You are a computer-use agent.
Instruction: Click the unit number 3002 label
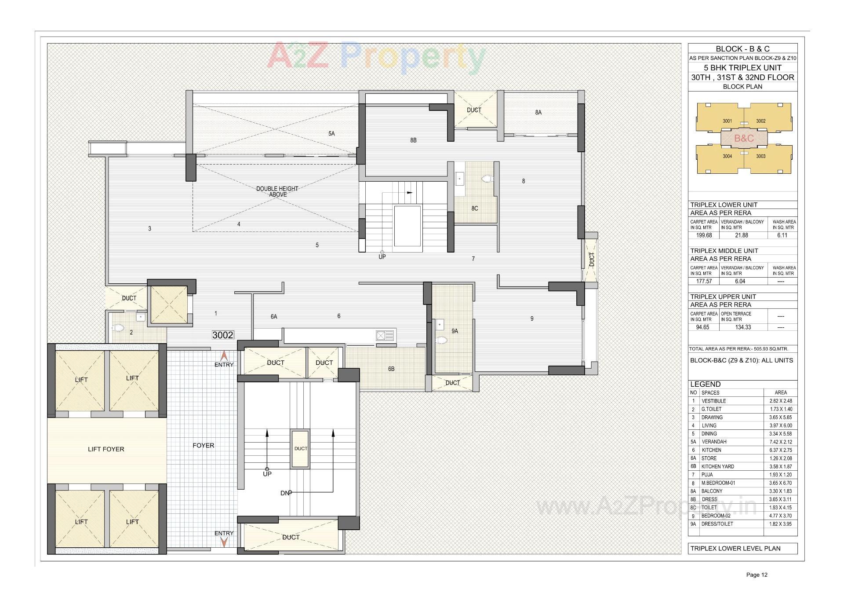[223, 335]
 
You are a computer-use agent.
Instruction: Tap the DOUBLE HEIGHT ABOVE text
[277, 191]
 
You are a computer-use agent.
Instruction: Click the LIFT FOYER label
[106, 449]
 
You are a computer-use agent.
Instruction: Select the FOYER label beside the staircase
[204, 446]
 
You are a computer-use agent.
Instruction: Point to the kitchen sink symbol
[385, 336]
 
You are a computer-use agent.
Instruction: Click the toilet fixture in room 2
[118, 328]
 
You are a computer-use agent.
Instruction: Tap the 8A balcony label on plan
[538, 113]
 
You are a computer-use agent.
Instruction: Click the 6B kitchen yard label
[391, 369]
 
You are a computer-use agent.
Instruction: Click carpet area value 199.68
[704, 235]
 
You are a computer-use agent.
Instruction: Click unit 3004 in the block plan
[727, 156]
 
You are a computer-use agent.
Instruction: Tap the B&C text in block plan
[744, 139]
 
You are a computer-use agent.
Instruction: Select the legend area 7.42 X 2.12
[780, 442]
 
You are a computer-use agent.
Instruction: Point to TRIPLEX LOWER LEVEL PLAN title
[735, 549]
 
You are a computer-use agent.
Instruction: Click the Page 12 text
[757, 575]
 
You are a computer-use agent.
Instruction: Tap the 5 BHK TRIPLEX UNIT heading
[742, 68]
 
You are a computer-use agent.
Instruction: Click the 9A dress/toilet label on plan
[455, 331]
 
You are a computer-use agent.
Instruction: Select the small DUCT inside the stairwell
[301, 449]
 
